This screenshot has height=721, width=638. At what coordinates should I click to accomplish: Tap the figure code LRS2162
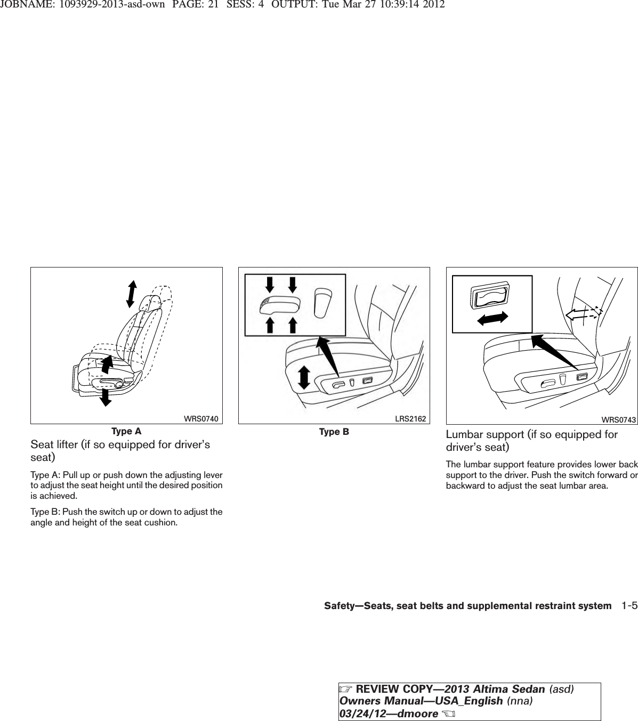point(410,419)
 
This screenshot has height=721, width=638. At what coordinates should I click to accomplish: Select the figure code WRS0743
point(619,420)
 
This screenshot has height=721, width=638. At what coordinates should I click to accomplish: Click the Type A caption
point(126,431)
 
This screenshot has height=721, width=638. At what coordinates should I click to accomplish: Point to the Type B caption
point(334,432)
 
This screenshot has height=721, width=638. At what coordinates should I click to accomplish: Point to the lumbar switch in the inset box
point(489,295)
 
